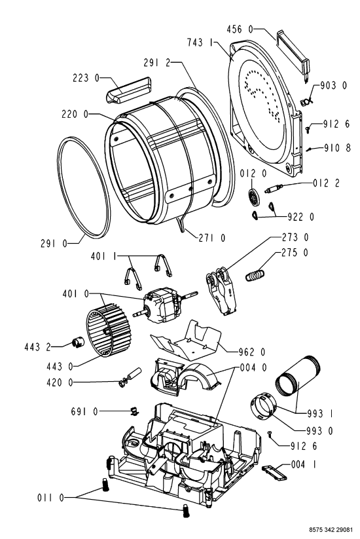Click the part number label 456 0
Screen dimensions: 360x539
click(240, 29)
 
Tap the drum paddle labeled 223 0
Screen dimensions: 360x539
click(128, 90)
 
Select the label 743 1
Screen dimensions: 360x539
click(200, 43)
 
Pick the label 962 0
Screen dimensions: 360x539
click(252, 352)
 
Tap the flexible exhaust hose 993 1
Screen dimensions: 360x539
click(297, 377)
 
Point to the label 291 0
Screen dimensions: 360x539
click(54, 244)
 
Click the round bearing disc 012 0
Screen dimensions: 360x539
click(254, 198)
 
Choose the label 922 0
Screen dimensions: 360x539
click(300, 217)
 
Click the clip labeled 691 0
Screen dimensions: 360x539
click(135, 411)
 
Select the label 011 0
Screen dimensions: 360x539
click(51, 497)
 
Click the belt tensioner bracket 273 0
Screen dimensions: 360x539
click(221, 291)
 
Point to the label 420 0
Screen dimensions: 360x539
click(60, 382)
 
